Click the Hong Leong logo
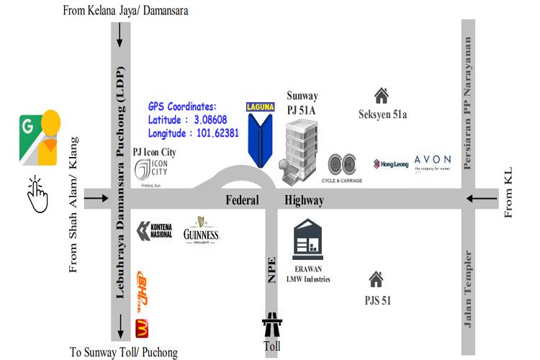(x=392, y=163)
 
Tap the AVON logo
(x=433, y=161)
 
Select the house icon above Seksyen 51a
(x=381, y=94)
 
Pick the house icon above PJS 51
(x=375, y=278)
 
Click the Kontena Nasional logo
(x=155, y=230)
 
